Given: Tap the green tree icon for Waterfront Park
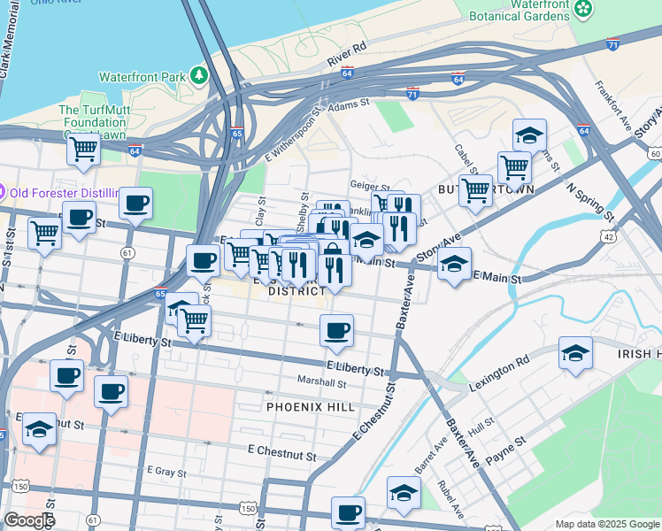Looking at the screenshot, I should point(201,76).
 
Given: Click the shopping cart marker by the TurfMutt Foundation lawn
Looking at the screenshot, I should point(83,148).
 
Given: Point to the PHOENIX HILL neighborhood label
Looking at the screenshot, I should point(310,407).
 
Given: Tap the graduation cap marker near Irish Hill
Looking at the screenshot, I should point(575,353).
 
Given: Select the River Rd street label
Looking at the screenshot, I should point(346,56).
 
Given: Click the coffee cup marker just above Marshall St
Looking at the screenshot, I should point(336,332).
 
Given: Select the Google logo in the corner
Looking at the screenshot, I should point(28,520).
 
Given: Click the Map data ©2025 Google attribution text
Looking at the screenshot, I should point(606,524).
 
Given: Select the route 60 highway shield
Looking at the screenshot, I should point(653,154).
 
